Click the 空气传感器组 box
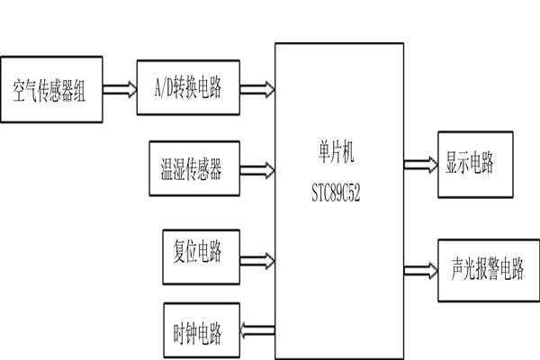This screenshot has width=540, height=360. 50,91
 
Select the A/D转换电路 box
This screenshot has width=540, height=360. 188,89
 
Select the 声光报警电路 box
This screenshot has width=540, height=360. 487,269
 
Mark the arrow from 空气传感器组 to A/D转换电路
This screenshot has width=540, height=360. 119,89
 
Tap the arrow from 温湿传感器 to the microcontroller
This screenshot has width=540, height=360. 258,167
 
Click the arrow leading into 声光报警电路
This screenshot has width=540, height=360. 418,268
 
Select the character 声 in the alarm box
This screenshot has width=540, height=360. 453,269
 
